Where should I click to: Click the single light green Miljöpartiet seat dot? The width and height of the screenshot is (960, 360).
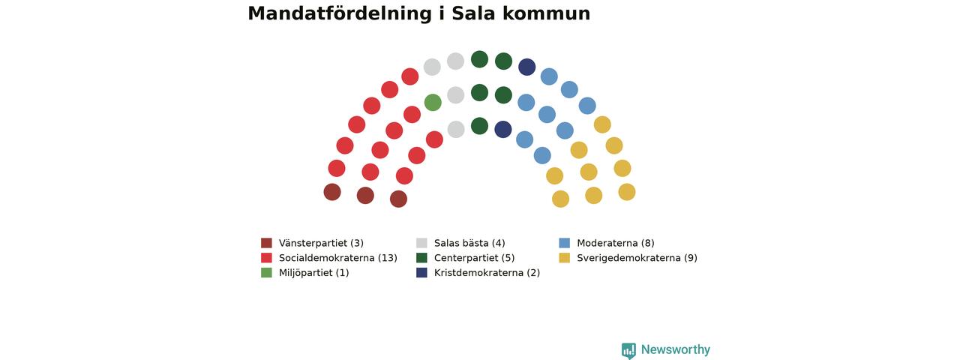click(x=433, y=103)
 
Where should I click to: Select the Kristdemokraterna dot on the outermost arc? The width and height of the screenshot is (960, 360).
click(x=526, y=67)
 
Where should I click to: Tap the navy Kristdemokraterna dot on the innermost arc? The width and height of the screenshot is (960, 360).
click(x=503, y=130)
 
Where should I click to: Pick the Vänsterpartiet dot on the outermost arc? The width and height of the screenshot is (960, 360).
click(x=332, y=192)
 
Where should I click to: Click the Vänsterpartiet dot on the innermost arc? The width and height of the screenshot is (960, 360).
click(x=398, y=199)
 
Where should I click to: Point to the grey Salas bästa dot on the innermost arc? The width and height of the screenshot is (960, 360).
click(x=456, y=130)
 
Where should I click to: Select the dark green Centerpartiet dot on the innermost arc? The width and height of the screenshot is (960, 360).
click(x=479, y=126)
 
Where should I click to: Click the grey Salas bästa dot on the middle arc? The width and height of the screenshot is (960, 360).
click(x=455, y=94)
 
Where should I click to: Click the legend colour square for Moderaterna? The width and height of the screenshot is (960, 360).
click(x=565, y=243)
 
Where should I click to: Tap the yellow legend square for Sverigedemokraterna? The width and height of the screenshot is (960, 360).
click(x=565, y=257)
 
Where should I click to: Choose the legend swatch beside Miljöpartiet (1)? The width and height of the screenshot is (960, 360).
click(x=266, y=272)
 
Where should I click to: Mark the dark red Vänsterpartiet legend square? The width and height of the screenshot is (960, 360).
click(x=266, y=243)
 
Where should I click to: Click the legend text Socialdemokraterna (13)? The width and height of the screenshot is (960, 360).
click(x=338, y=258)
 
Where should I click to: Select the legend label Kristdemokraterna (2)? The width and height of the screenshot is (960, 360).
click(x=487, y=273)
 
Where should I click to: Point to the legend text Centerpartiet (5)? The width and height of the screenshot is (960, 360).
click(x=475, y=258)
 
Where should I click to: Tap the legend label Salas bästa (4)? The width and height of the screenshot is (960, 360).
click(x=469, y=244)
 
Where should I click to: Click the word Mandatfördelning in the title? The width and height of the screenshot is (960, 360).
click(x=340, y=13)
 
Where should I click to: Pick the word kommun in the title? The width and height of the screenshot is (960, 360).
click(x=547, y=13)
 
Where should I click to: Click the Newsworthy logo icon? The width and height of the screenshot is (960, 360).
click(x=628, y=350)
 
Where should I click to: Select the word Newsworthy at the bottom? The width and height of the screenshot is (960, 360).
click(x=676, y=349)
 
